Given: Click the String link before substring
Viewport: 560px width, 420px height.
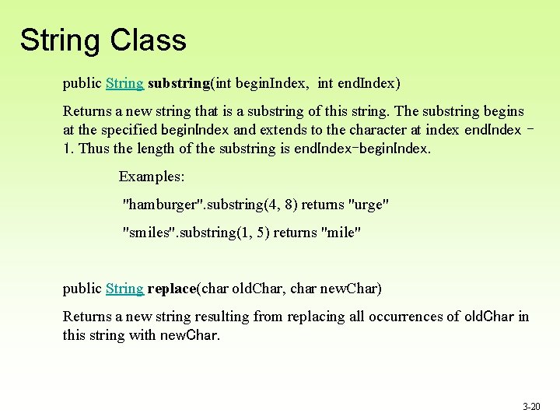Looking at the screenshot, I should click(x=124, y=82).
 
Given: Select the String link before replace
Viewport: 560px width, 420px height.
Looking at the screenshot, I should click(x=124, y=289).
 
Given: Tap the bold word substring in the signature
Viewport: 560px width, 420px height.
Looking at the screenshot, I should click(x=178, y=82).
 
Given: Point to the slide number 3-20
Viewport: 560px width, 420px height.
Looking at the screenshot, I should click(x=531, y=406).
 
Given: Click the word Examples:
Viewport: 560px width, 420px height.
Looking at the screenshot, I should click(x=152, y=177).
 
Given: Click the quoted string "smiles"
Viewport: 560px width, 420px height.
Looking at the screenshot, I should click(x=149, y=233).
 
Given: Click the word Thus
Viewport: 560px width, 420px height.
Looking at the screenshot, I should click(x=91, y=149).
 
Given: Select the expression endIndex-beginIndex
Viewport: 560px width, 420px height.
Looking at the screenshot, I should click(x=362, y=149).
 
